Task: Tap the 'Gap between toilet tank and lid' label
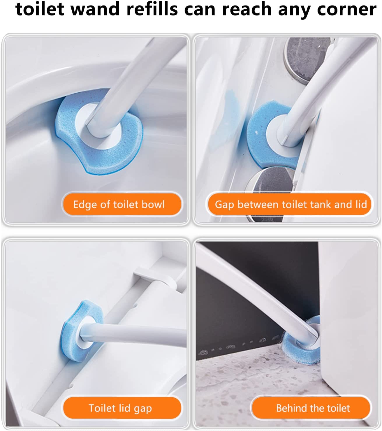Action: pos(290,205)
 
